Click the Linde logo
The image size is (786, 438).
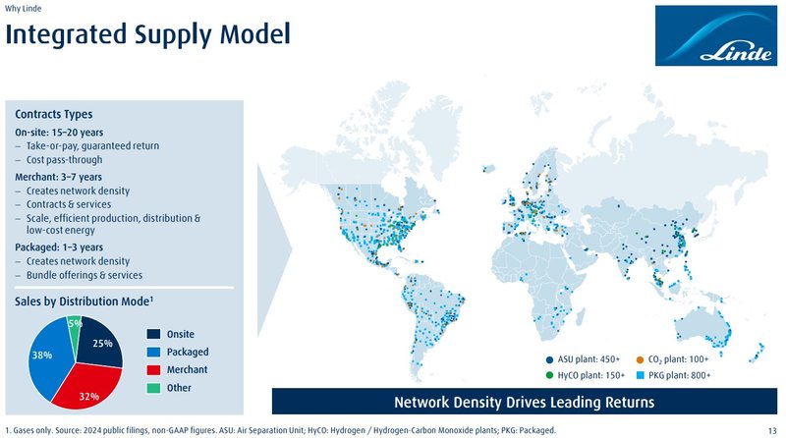716,35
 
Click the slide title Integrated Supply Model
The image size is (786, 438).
148,35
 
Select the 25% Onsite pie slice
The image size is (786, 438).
99,343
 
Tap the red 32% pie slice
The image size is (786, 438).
87,386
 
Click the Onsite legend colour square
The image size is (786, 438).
153,334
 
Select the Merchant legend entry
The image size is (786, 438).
177,370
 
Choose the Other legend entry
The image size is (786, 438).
169,388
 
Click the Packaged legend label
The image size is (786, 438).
188,352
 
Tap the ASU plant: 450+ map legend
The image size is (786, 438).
583,359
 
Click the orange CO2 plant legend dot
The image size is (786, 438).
640,359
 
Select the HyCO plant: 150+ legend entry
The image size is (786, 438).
585,375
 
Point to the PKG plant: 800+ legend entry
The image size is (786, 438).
673,375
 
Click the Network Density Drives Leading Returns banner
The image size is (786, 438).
525,402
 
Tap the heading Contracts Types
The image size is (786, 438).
54,114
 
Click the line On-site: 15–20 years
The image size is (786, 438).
59,133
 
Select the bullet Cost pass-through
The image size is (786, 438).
64,159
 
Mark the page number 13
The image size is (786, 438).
772,430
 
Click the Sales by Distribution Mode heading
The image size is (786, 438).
84,301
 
